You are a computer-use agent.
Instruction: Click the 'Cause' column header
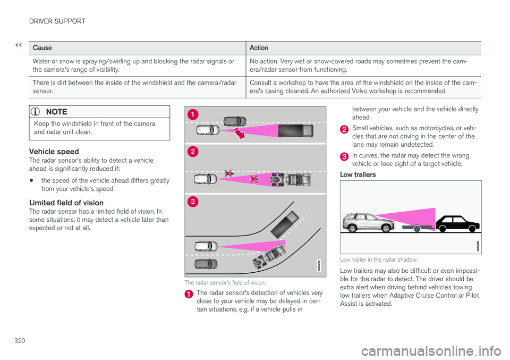point(42,48)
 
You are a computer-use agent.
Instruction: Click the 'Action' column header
point(259,48)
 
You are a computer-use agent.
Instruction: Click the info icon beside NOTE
point(37,112)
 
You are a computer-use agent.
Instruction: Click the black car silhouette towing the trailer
point(457,223)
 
